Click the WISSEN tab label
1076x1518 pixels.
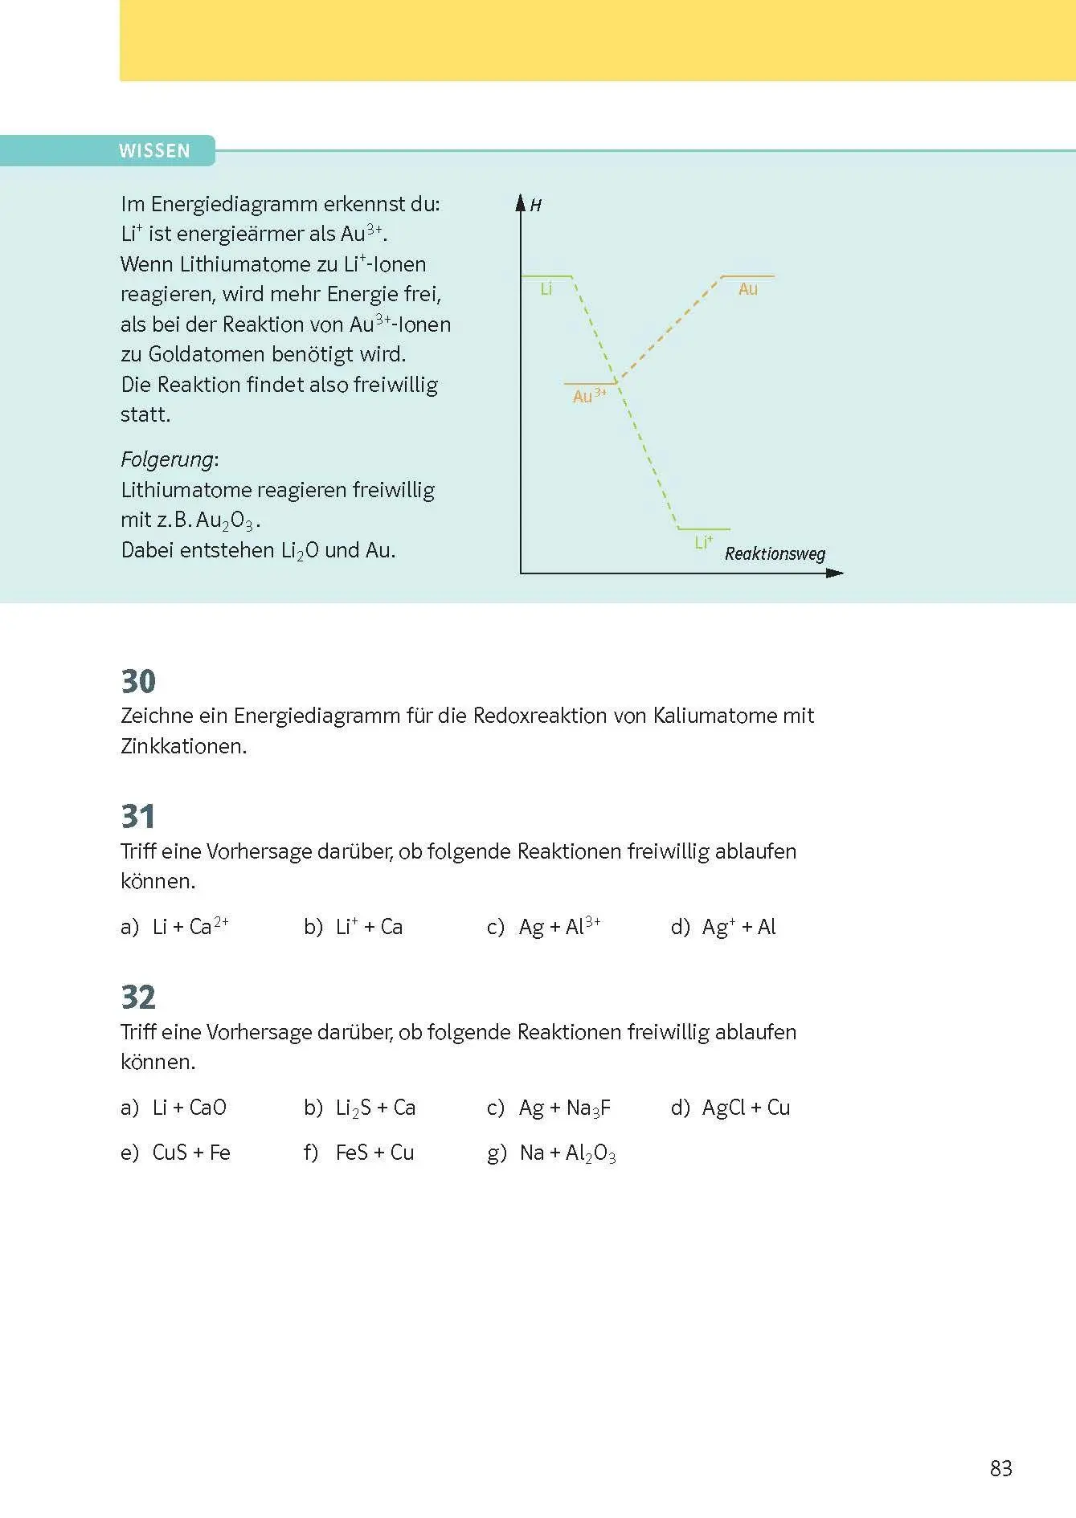[154, 151]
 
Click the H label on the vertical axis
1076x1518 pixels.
[536, 206]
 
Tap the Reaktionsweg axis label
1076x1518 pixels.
[775, 554]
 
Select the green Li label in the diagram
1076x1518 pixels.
[546, 289]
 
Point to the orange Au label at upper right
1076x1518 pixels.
[748, 289]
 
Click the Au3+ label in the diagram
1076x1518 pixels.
[589, 396]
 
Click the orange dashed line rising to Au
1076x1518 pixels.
[671, 329]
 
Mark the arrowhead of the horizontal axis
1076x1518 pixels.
[836, 573]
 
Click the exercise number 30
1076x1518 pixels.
[138, 681]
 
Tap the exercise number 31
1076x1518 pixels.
[138, 817]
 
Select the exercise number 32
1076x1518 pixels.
[138, 998]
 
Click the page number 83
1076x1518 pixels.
[1000, 1468]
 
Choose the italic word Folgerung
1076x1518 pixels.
[167, 459]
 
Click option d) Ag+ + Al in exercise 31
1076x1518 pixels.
[723, 927]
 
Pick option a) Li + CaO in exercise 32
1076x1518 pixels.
[174, 1108]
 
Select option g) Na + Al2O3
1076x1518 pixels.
[552, 1153]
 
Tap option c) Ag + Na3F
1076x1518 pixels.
[549, 1108]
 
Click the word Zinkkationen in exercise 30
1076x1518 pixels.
[183, 746]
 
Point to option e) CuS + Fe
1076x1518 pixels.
[176, 1153]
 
